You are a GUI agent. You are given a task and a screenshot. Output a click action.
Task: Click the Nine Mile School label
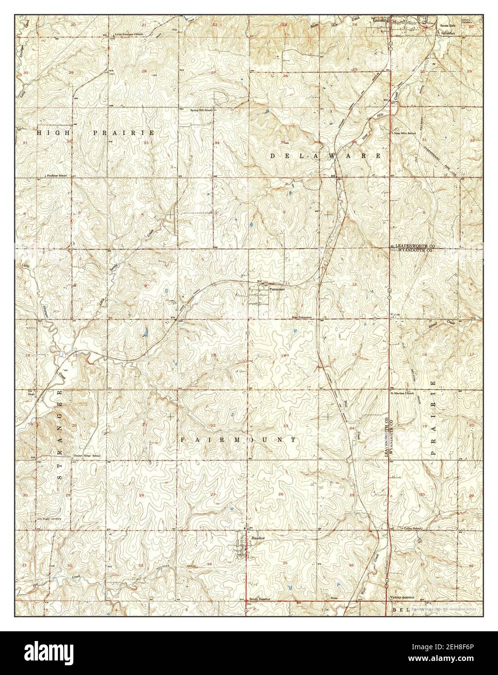click(x=405, y=133)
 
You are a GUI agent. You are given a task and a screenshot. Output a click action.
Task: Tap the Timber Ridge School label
click(x=86, y=456)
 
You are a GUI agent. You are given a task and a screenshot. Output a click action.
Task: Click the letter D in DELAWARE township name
click(x=273, y=156)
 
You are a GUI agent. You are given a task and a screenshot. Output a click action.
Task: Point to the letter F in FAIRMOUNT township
click(x=183, y=439)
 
